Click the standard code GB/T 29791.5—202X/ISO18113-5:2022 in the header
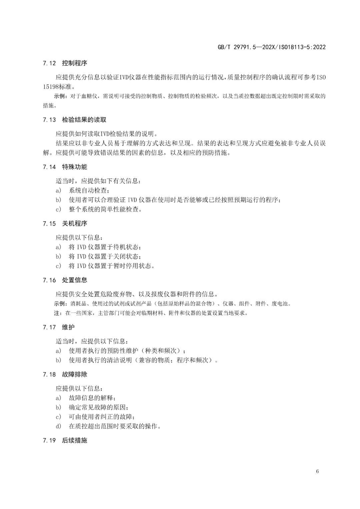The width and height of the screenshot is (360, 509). point(271,47)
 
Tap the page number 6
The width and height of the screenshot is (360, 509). point(317,471)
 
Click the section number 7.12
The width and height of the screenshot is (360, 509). point(49,63)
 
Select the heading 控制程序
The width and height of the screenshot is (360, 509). point(74,63)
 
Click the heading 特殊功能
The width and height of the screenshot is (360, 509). point(74,167)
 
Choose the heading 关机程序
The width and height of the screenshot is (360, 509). point(74,224)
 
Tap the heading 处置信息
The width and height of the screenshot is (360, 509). point(74,280)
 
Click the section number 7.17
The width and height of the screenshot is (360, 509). point(49,327)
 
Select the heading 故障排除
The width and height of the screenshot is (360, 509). point(74,375)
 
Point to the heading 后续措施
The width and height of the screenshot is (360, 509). point(74,441)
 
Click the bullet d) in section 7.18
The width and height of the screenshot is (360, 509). point(58,426)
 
